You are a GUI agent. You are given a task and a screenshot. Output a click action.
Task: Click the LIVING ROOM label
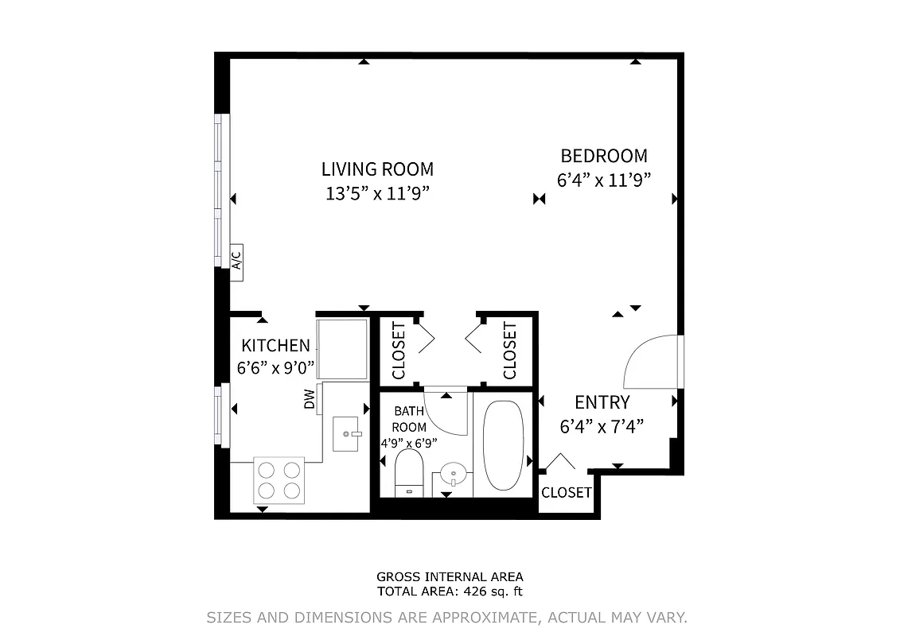pyautogui.click(x=377, y=169)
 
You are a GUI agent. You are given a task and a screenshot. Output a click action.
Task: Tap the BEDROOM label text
pyautogui.click(x=604, y=156)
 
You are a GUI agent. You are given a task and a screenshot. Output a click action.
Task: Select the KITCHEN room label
pyautogui.click(x=275, y=346)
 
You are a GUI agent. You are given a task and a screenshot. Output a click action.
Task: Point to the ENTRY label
pyautogui.click(x=602, y=402)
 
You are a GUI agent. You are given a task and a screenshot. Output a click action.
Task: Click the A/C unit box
pyautogui.click(x=236, y=261)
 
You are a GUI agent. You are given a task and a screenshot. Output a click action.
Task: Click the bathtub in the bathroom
pyautogui.click(x=503, y=444)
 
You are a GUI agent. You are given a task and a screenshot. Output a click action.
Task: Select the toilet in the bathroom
pyautogui.click(x=409, y=474)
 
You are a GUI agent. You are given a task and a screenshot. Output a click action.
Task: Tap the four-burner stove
pyautogui.click(x=279, y=479)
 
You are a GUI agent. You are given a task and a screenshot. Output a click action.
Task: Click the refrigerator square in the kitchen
pyautogui.click(x=343, y=348)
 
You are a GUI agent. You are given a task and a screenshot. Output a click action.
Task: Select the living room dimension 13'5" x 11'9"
pyautogui.click(x=377, y=193)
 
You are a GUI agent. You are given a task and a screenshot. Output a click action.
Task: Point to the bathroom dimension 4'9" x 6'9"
pyautogui.click(x=409, y=443)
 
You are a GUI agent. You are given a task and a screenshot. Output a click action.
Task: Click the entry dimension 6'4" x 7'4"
pyautogui.click(x=602, y=427)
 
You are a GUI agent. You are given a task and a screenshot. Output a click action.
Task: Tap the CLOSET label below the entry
pyautogui.click(x=566, y=493)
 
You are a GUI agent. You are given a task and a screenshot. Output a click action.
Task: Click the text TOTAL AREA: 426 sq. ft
pyautogui.click(x=450, y=591)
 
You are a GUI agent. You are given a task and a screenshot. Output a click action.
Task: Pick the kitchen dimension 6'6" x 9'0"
pyautogui.click(x=275, y=368)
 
